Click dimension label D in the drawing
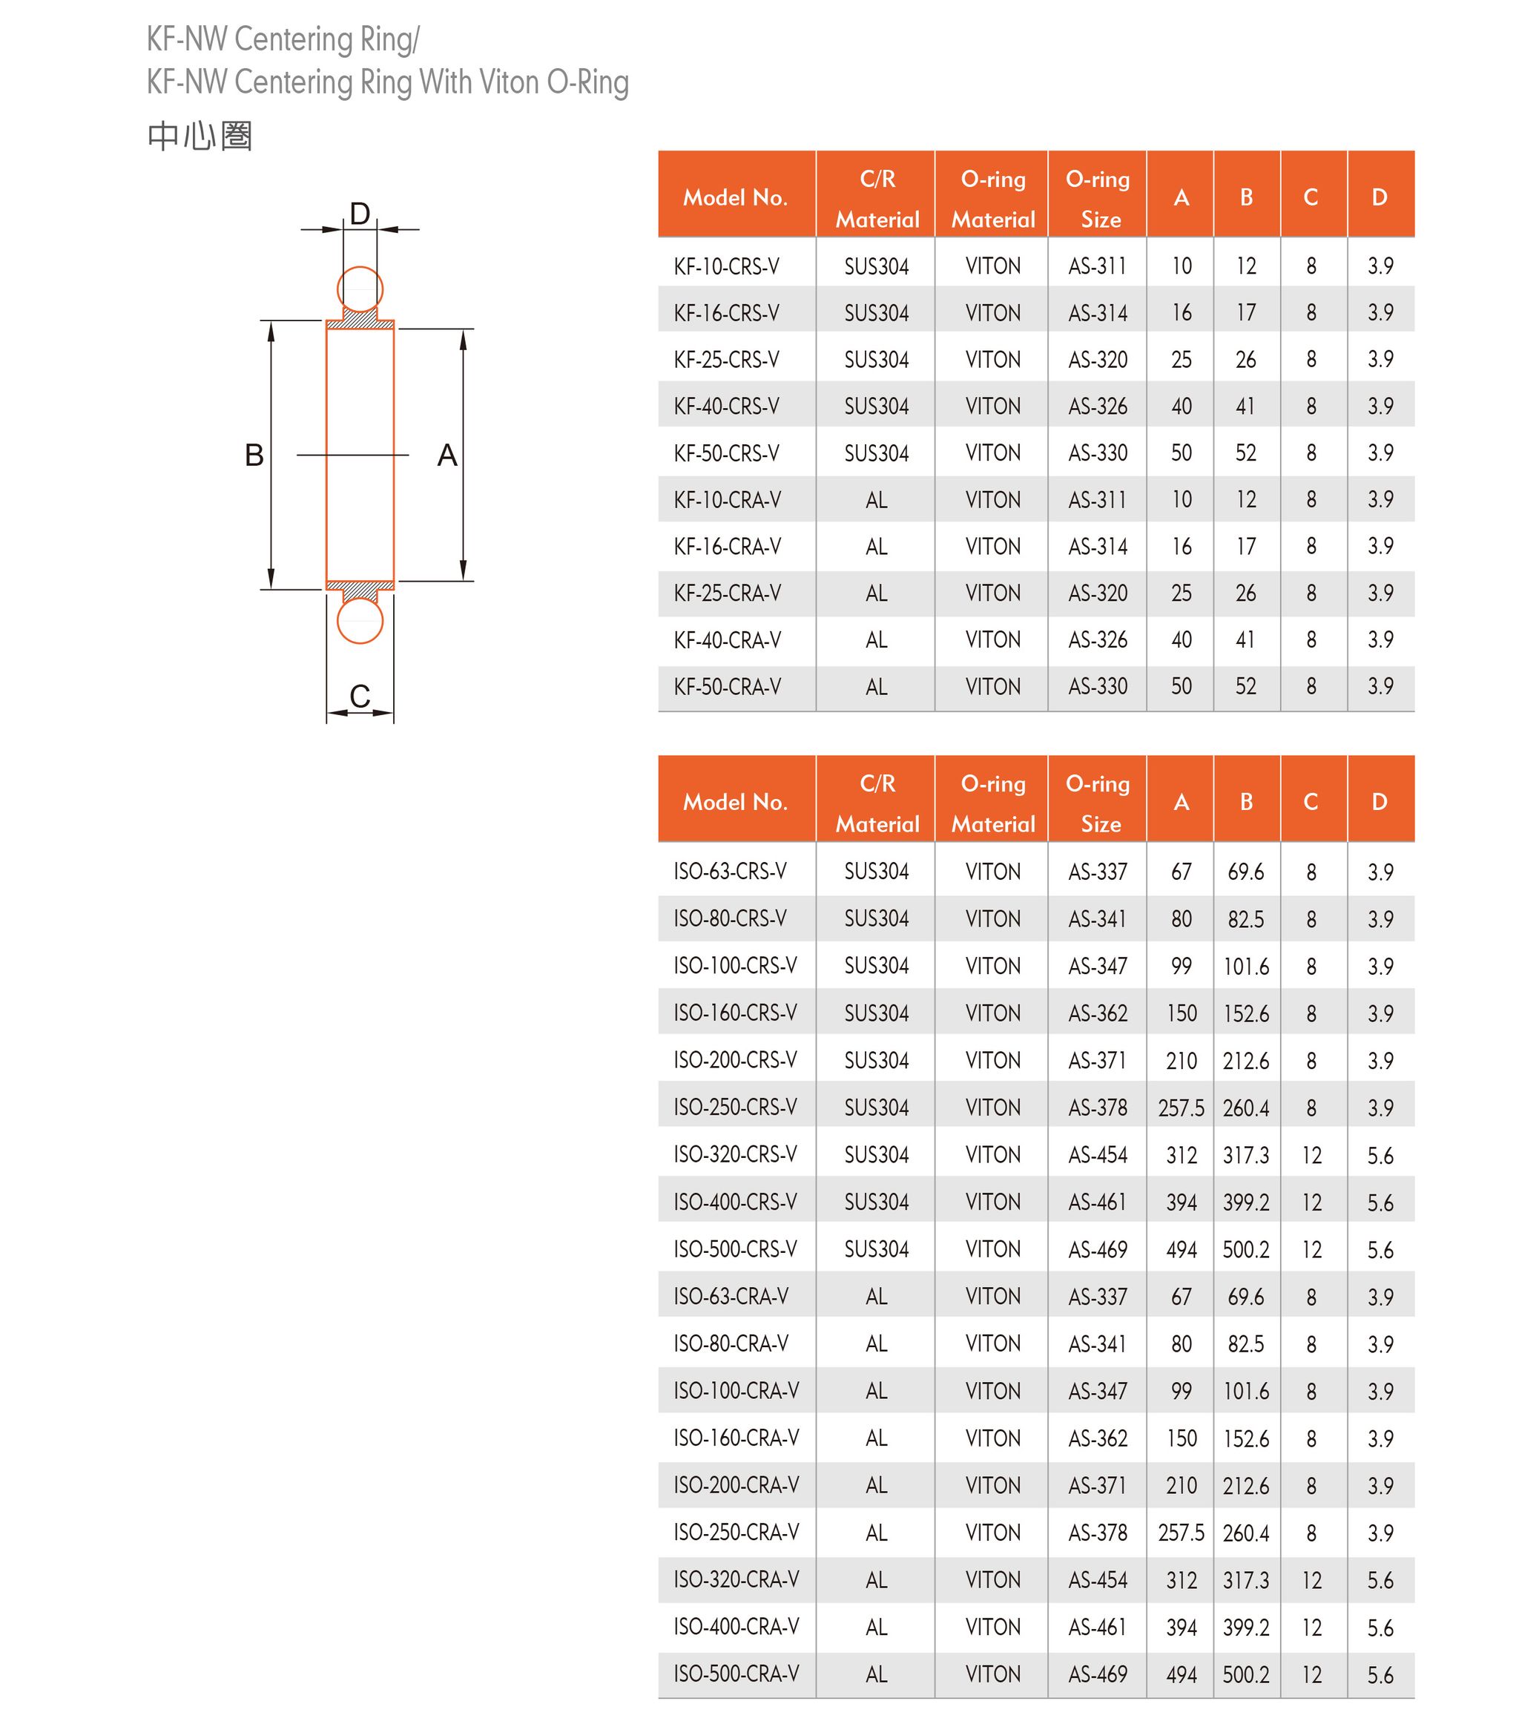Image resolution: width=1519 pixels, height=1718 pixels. click(x=360, y=214)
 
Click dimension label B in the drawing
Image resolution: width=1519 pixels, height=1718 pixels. click(x=254, y=455)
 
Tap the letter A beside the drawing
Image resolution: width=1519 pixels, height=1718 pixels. click(x=447, y=455)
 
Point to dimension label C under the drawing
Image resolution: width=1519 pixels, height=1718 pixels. click(x=360, y=696)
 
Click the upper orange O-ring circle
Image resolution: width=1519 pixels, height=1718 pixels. click(x=360, y=289)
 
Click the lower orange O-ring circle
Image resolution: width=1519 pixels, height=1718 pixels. click(x=360, y=621)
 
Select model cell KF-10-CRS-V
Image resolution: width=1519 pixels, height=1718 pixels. click(x=726, y=266)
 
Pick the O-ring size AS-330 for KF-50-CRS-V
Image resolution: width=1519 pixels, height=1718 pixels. click(x=1097, y=453)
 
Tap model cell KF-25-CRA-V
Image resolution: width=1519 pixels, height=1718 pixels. click(x=727, y=593)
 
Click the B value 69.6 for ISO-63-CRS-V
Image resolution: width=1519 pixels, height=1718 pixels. click(x=1246, y=872)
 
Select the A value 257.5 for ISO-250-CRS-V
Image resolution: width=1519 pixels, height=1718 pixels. click(x=1181, y=1108)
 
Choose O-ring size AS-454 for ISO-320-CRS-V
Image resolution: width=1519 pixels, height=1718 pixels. click(x=1097, y=1155)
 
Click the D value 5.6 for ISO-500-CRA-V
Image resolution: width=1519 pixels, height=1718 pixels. click(x=1380, y=1675)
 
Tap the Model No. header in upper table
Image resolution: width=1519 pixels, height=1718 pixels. click(x=735, y=197)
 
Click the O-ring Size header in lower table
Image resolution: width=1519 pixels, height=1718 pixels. click(x=1098, y=803)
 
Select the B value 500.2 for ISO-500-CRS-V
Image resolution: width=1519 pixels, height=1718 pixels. click(x=1246, y=1249)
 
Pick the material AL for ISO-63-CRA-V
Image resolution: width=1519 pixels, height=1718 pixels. click(x=876, y=1297)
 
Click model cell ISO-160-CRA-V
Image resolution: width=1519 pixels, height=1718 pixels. click(x=736, y=1438)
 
